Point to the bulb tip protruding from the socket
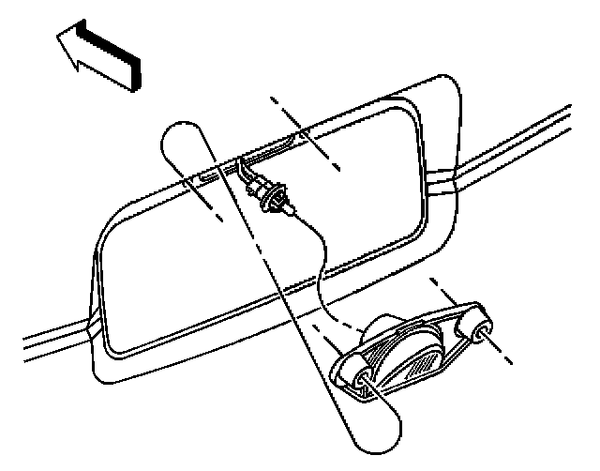[290, 213]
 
